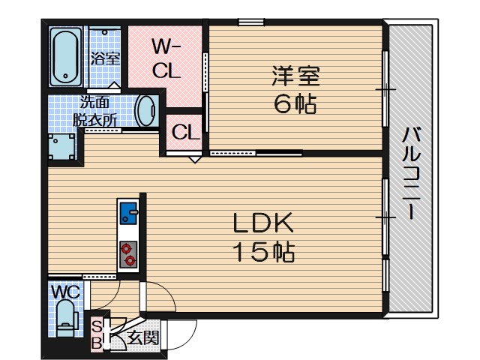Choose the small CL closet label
[184, 133]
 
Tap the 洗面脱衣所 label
[95, 111]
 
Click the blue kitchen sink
[128, 214]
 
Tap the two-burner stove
[128, 253]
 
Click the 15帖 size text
[262, 252]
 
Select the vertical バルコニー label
[410, 174]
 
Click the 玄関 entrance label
[143, 337]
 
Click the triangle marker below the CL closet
[195, 159]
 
